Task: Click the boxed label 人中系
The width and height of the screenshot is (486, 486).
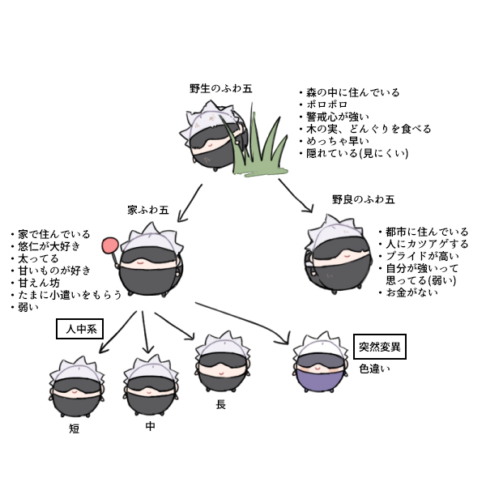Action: pos(79,330)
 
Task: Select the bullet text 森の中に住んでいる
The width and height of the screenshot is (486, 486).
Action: pos(352,92)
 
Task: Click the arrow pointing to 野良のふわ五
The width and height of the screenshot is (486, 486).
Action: pos(297,196)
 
